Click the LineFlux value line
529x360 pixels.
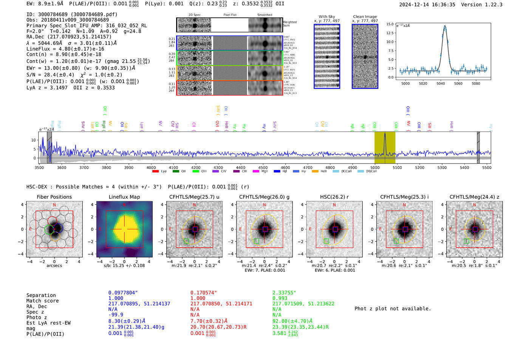pyautogui.click(x=65, y=49)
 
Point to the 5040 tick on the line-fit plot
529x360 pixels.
pyautogui.click(x=441, y=83)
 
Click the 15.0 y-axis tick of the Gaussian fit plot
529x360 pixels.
pyautogui.click(x=390, y=24)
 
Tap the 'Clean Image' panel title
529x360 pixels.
pyautogui.click(x=365, y=17)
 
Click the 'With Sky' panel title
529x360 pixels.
pyautogui.click(x=326, y=17)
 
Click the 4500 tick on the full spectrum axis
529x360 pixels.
pyautogui.click(x=263, y=167)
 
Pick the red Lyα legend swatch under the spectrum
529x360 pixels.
pyautogui.click(x=155, y=172)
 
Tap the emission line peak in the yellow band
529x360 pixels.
pyautogui.click(x=385, y=133)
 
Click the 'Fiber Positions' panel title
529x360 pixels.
pyautogui.click(x=54, y=197)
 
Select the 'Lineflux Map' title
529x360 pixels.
pyautogui.click(x=124, y=197)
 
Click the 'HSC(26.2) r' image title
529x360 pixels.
pyautogui.click(x=334, y=197)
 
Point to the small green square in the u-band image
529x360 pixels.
pyautogui.click(x=186, y=241)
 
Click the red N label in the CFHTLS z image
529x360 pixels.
pyautogui.click(x=474, y=205)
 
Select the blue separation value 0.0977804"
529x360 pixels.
pyautogui.click(x=123, y=293)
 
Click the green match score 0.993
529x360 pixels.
pyautogui.click(x=280, y=298)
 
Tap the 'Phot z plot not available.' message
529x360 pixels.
pyautogui.click(x=393, y=309)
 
